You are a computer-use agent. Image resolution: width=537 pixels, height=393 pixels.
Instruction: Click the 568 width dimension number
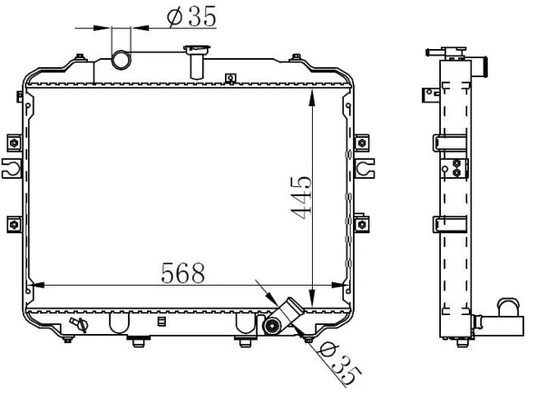pos(183,273)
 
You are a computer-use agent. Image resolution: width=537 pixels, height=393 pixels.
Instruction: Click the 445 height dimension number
pos(301,198)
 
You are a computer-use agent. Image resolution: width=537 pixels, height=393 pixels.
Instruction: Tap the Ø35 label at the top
pos(191,16)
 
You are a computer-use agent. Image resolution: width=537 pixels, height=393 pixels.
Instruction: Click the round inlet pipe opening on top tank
pos(122,60)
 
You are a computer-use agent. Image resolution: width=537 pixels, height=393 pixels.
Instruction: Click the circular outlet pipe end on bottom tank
pos(272,326)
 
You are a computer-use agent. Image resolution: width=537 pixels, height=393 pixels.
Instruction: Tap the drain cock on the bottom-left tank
pos(79,324)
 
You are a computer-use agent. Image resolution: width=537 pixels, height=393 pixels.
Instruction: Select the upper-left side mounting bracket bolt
pos(14,142)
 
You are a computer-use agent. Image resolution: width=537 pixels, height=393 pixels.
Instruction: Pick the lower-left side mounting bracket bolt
pos(14,225)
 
